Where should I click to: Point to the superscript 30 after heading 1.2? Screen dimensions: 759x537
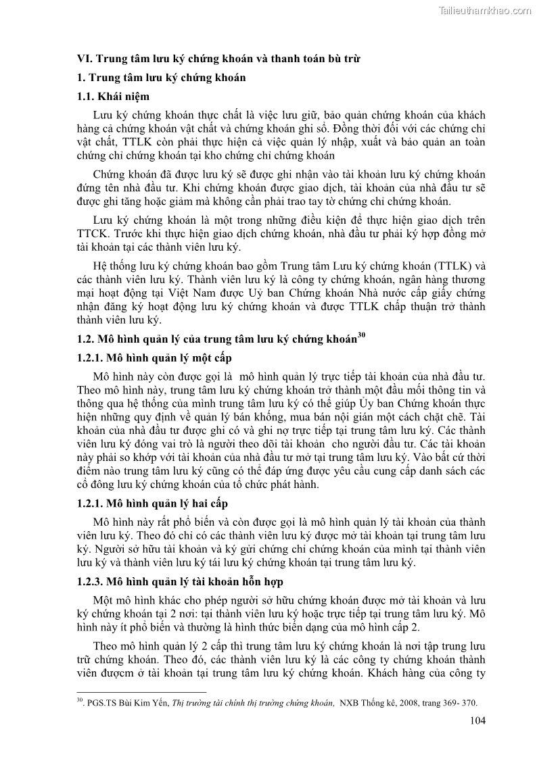point(361,336)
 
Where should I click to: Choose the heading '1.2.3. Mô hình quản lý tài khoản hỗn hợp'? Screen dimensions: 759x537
point(180,581)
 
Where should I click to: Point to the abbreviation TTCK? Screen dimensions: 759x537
point(93,234)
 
